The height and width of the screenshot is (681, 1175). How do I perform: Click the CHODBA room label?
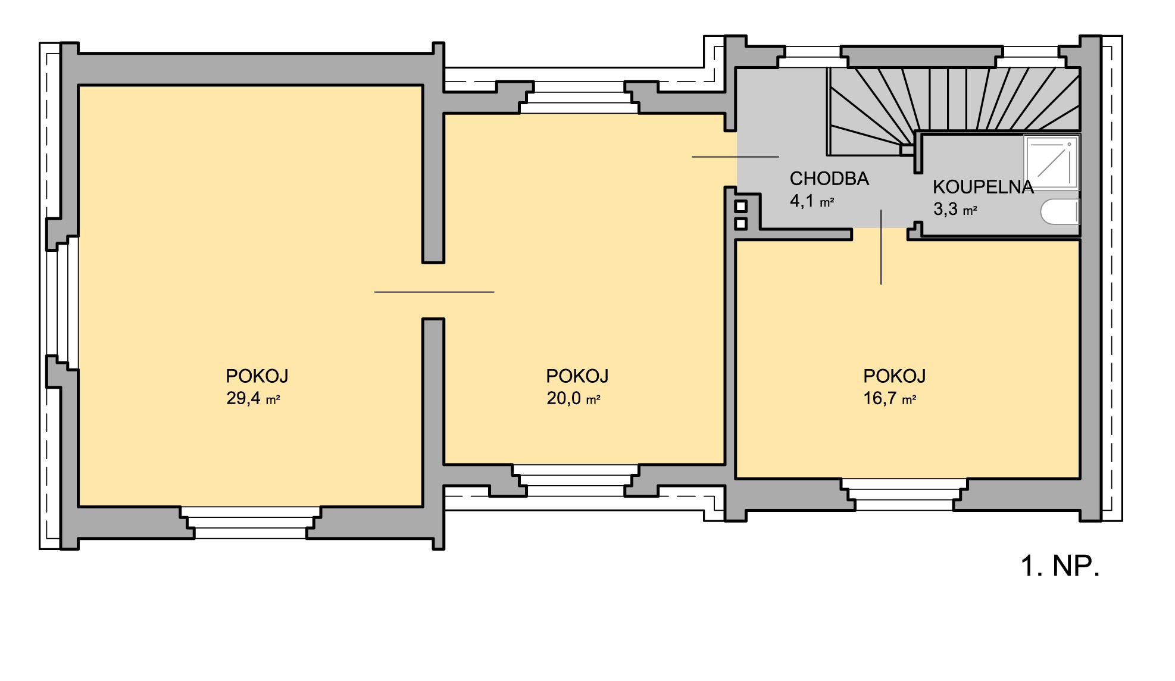[x=829, y=179]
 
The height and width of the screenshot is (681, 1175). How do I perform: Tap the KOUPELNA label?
[x=983, y=187]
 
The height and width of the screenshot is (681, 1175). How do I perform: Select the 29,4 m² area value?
[x=253, y=398]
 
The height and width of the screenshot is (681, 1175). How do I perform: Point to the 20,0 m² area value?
[x=573, y=398]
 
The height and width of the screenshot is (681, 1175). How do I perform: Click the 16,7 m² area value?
[x=890, y=398]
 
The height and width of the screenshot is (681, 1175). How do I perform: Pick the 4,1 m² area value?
[x=812, y=201]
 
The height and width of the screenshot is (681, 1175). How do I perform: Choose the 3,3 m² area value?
[x=955, y=210]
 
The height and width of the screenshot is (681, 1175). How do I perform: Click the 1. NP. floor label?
[x=1060, y=566]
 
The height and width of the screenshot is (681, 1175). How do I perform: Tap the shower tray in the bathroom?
[x=1052, y=163]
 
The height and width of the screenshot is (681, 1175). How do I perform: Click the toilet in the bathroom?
[x=1060, y=213]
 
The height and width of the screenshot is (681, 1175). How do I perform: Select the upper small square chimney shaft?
[x=740, y=207]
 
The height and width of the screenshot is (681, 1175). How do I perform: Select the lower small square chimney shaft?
[x=740, y=224]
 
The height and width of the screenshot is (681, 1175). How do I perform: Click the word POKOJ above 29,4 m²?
[x=257, y=376]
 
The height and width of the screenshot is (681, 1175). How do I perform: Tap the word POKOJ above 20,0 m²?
[x=577, y=376]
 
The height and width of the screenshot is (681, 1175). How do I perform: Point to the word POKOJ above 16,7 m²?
[x=895, y=376]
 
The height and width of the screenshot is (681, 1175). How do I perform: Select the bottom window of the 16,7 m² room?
[x=904, y=495]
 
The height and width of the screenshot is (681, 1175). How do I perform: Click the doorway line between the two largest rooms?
[x=434, y=292]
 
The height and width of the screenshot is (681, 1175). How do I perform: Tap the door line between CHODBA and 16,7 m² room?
[x=881, y=247]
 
